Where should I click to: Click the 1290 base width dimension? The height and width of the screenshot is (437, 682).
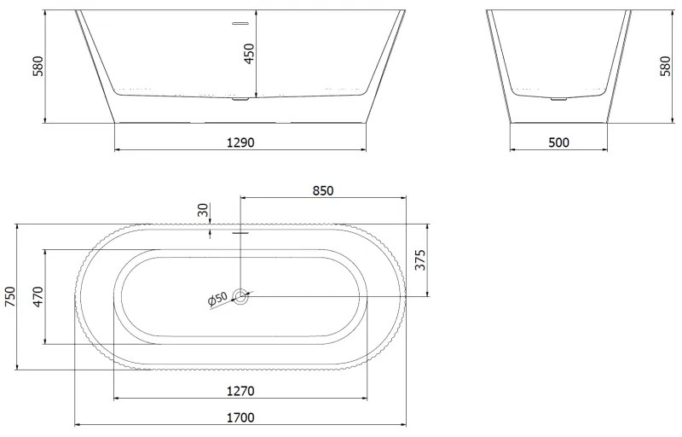[240, 143]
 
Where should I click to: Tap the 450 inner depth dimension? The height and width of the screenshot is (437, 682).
[249, 54]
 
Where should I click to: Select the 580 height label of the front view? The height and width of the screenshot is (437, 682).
[38, 67]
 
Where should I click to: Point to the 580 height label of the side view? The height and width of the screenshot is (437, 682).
[666, 67]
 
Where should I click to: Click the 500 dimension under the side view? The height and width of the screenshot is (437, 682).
[558, 143]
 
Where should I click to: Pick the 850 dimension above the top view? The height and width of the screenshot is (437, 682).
[323, 190]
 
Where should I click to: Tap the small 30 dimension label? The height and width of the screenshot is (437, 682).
[203, 210]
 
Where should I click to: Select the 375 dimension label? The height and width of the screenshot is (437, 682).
[420, 259]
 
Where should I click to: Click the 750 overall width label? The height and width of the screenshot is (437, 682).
[9, 296]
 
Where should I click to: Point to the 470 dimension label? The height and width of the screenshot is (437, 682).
[38, 296]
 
